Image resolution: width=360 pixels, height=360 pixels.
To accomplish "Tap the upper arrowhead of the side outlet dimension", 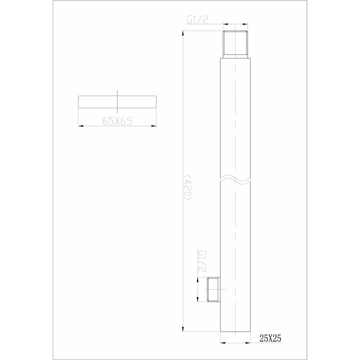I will pos(199,280).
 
